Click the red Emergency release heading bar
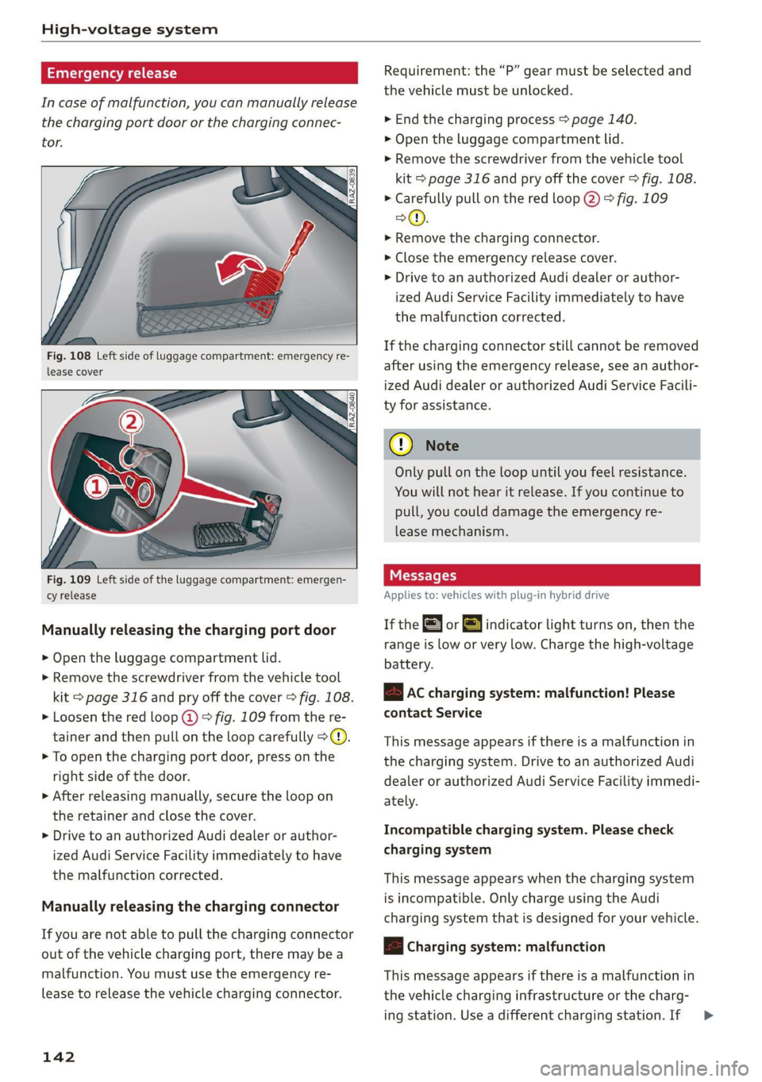click(199, 73)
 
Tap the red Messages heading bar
click(541, 576)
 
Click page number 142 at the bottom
click(59, 1057)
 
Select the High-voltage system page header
click(129, 29)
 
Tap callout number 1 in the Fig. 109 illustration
click(96, 487)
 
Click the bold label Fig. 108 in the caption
click(69, 356)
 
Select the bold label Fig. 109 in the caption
click(69, 580)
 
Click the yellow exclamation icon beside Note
click(402, 445)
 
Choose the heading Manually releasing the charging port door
click(189, 630)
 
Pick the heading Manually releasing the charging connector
click(190, 907)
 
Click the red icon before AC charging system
click(393, 693)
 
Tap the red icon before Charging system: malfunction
click(393, 947)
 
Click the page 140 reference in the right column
click(602, 120)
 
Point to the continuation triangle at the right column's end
click(709, 1015)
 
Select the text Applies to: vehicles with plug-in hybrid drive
click(497, 595)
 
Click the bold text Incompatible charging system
click(486, 830)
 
